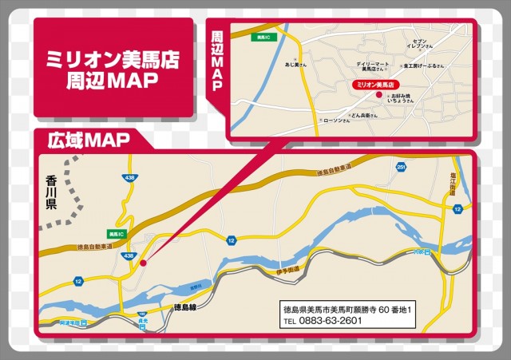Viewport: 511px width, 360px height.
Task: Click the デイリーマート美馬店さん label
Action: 374,66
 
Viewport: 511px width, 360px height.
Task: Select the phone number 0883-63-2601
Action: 323,321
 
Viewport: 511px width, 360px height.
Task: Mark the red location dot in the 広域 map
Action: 143,262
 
